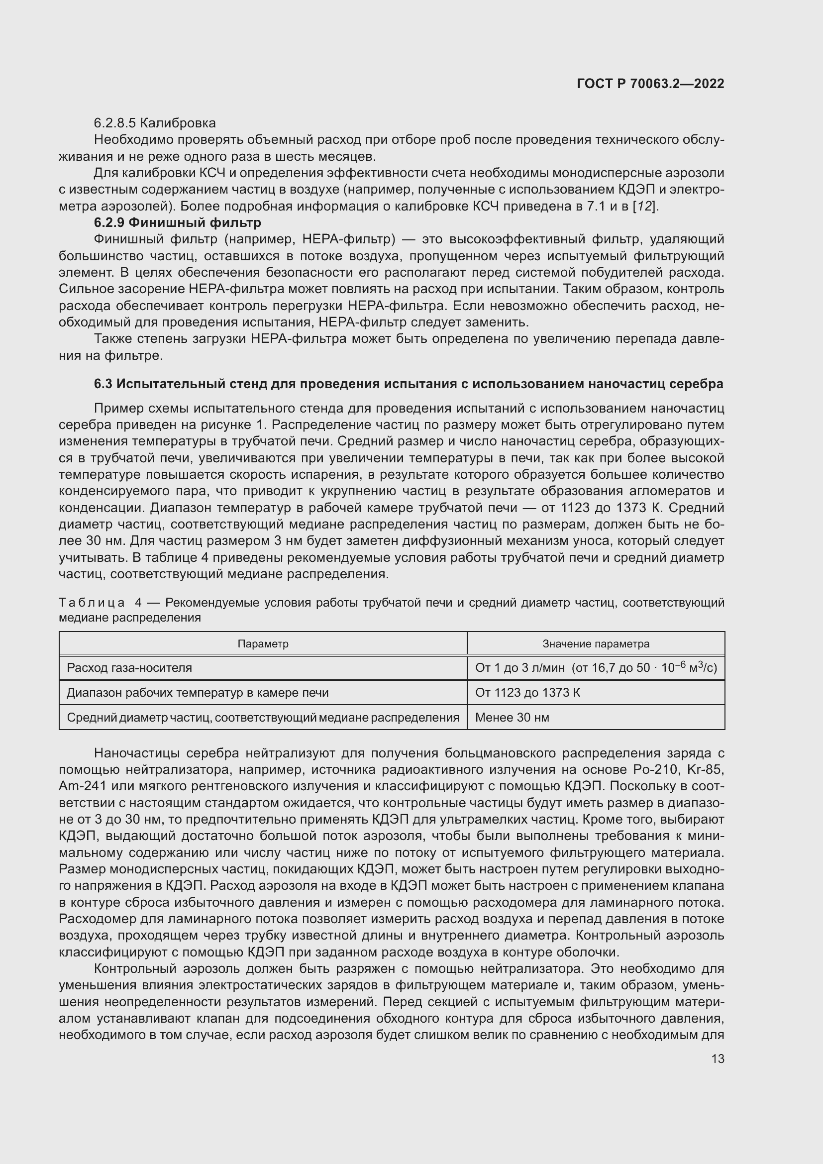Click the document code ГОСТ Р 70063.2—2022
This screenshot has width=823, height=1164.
(x=650, y=84)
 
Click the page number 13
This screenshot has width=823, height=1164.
(x=718, y=1059)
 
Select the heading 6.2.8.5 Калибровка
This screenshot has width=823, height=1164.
(x=155, y=123)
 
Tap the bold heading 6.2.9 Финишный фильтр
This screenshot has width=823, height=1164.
(x=177, y=222)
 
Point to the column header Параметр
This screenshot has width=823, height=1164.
(x=263, y=644)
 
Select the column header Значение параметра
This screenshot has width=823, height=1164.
(x=596, y=644)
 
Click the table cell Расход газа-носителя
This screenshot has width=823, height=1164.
(x=129, y=668)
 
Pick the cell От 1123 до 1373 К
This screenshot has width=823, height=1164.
(x=527, y=693)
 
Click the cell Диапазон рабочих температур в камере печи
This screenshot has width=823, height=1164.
(x=198, y=693)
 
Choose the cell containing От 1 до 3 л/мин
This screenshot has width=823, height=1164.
(x=519, y=668)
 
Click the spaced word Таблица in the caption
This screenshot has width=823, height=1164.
(x=92, y=603)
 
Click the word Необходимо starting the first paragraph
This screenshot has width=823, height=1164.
(x=128, y=140)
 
